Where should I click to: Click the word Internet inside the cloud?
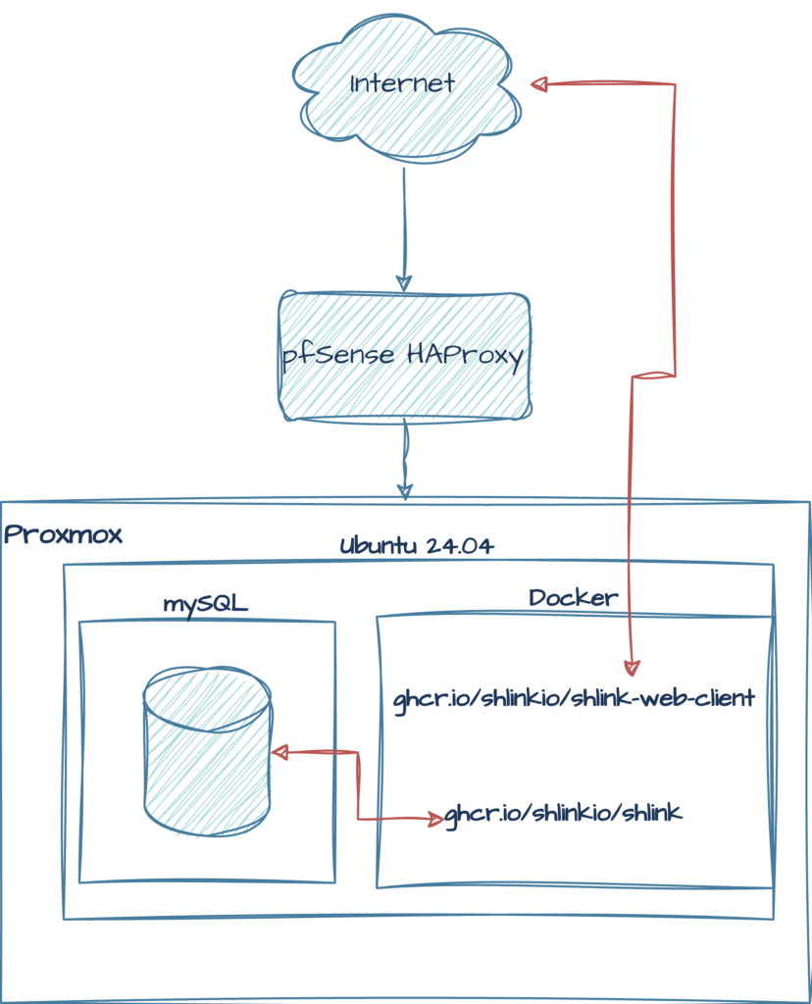[x=403, y=83]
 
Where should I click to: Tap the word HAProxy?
[x=465, y=355]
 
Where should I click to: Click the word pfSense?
[x=338, y=356]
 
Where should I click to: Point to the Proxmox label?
[x=63, y=535]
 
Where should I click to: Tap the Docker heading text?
[x=574, y=597]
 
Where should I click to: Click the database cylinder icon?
[x=207, y=750]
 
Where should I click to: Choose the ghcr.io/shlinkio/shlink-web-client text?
[x=574, y=699]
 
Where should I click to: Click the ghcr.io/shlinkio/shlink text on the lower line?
[x=563, y=813]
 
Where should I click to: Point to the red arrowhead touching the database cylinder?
[x=279, y=752]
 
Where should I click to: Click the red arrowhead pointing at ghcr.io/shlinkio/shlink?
[x=435, y=819]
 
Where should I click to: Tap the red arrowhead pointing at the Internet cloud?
[x=539, y=85]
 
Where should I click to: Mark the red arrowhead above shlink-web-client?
[x=632, y=668]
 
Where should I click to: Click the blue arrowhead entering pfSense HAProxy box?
[x=404, y=281]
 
